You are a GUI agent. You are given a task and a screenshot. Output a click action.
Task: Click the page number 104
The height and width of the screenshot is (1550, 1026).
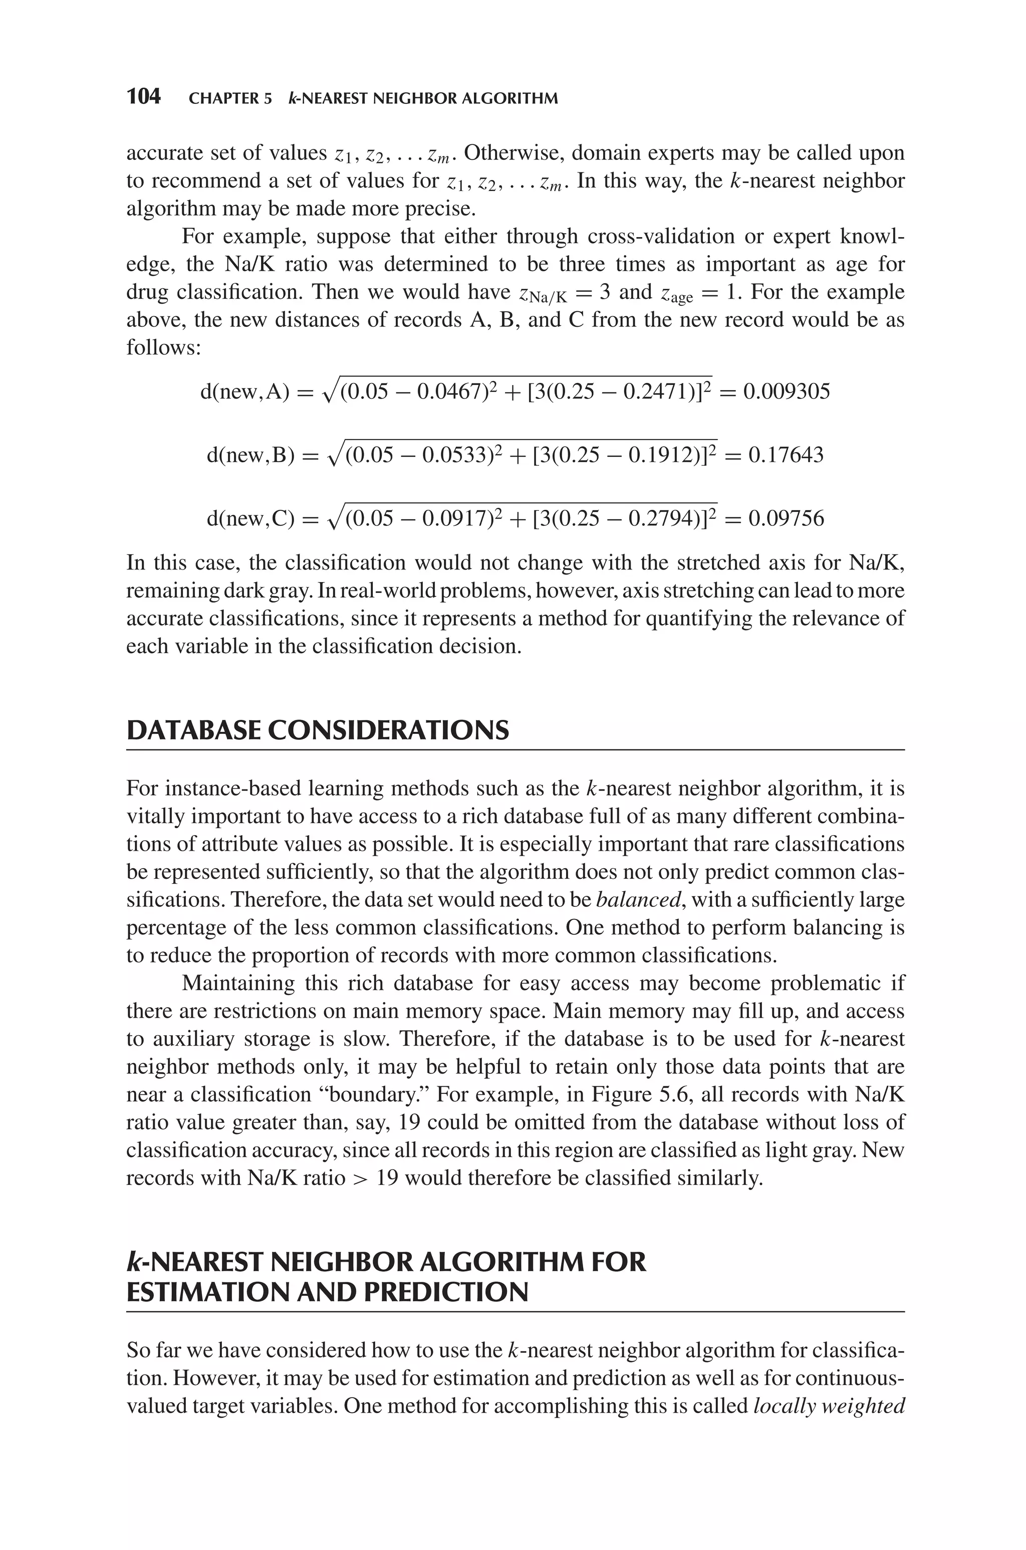pos(143,97)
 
